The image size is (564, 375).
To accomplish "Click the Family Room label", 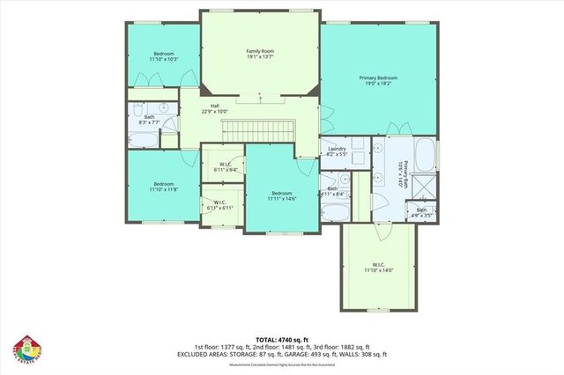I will coord(259,51).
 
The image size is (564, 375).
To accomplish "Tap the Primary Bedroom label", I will coord(378,78).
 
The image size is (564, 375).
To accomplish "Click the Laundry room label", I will coord(336,149).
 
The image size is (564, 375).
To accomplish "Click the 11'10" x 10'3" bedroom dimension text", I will coord(164,60).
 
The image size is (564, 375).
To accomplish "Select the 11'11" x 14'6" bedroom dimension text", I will coord(281,199).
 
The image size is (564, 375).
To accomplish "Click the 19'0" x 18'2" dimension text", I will coord(378,85).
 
